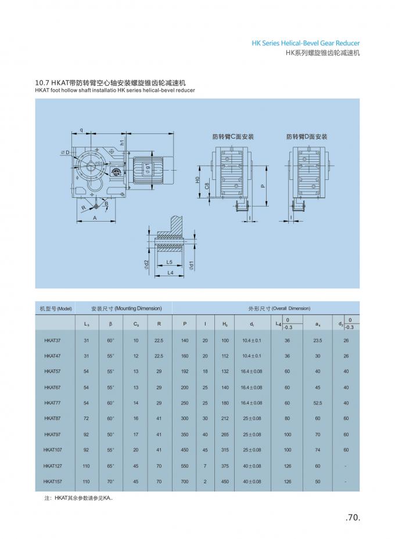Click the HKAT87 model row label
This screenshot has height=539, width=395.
click(x=52, y=418)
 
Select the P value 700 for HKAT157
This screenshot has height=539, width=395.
click(x=185, y=481)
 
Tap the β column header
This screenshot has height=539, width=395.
click(x=110, y=324)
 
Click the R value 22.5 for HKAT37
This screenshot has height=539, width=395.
click(x=159, y=340)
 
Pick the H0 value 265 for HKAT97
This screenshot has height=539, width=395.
click(x=225, y=434)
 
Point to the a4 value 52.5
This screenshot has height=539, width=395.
click(x=317, y=403)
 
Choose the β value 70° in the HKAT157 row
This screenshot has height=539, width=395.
click(x=110, y=481)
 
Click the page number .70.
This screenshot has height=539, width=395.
click(x=353, y=519)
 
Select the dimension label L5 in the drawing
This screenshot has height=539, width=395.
click(x=169, y=263)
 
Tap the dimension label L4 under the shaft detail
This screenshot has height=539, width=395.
click(x=170, y=272)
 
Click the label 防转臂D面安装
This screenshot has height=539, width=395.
click(x=307, y=137)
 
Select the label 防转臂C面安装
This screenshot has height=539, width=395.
click(x=233, y=137)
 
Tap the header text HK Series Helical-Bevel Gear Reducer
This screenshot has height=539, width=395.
click(x=306, y=43)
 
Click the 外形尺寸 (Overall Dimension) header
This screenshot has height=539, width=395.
click(x=279, y=308)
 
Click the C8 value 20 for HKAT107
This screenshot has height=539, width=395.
click(x=136, y=450)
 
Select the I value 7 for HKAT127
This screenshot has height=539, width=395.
click(x=205, y=465)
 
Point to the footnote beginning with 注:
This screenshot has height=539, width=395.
click(x=78, y=498)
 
